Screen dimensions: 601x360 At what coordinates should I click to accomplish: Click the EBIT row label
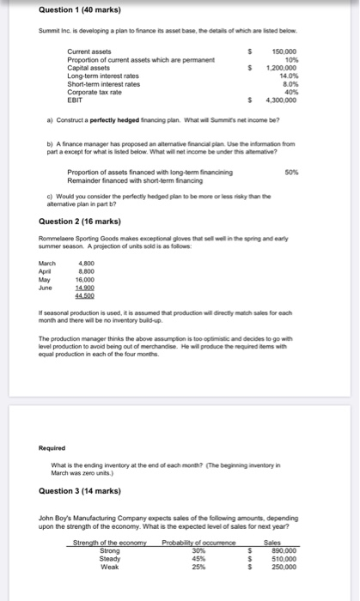point(76,100)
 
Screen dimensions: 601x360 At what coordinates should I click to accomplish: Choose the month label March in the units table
point(48,263)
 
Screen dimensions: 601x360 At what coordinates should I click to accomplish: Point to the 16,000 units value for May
point(85,278)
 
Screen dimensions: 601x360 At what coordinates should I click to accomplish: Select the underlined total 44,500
point(85,294)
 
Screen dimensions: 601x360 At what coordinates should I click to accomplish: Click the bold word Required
point(53,447)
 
